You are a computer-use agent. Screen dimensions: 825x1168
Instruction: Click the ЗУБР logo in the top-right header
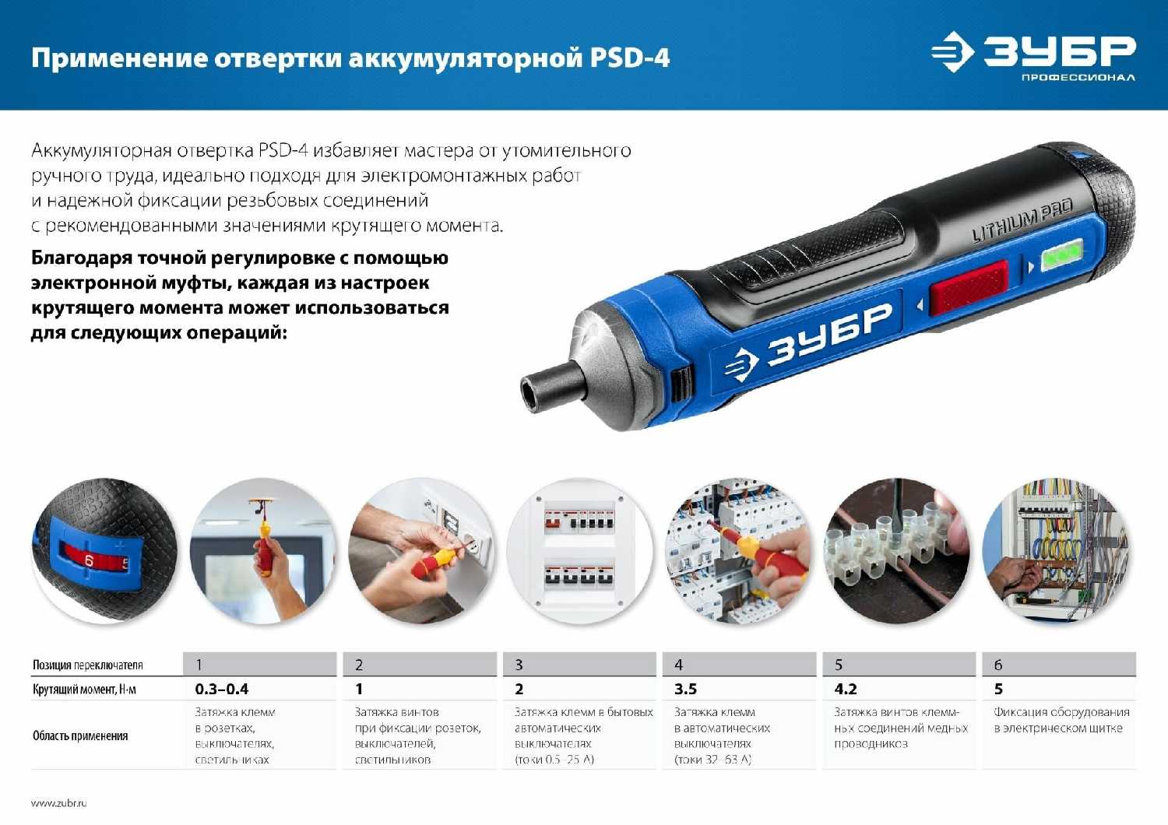coord(1034,54)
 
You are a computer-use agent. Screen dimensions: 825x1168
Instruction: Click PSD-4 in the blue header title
coord(629,58)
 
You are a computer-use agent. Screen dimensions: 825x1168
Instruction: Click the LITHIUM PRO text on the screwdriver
coord(1022,221)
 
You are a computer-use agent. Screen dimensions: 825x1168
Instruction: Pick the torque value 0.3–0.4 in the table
coord(222,689)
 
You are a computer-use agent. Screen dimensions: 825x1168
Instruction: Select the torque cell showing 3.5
coord(685,689)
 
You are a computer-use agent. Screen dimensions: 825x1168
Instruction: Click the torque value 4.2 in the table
coord(846,689)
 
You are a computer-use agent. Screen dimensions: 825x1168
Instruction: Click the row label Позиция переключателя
coord(88,665)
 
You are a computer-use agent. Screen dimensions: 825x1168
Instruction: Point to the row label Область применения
coord(80,735)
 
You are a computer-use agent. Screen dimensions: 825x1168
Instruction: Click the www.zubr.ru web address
coord(59,802)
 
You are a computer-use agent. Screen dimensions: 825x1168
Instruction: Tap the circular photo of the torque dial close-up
coord(104,551)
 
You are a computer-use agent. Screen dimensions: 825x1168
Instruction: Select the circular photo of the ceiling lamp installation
coord(263,551)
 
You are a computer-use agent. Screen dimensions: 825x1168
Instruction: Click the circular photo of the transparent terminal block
coord(897,551)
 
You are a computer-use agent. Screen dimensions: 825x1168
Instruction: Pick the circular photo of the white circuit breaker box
coord(580,551)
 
